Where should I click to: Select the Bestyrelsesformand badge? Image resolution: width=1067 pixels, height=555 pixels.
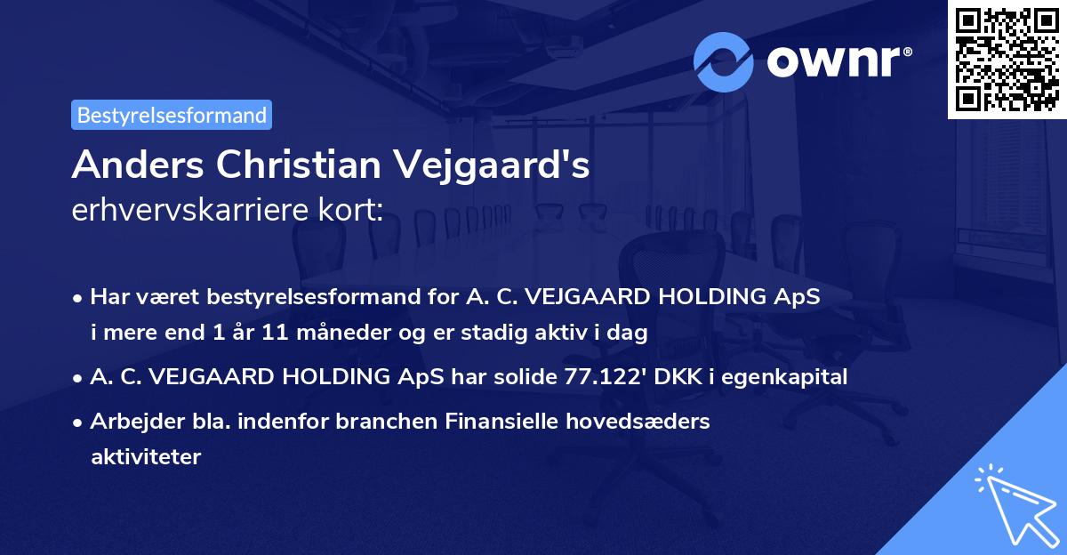coord(172,115)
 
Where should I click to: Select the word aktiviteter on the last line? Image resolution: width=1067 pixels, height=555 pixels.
coord(146,457)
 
